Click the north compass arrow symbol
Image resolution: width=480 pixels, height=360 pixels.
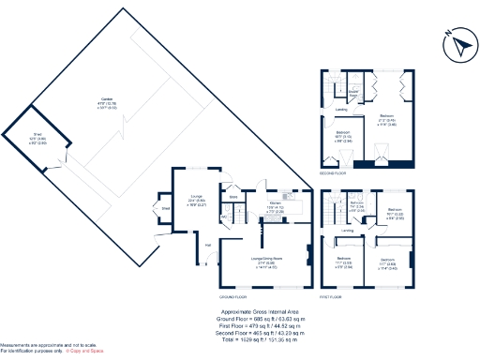(x=457, y=42)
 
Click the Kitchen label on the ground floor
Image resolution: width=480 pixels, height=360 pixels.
(x=275, y=205)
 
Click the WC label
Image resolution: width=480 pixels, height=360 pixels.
(x=224, y=217)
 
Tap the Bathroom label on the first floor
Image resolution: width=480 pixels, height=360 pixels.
(x=356, y=204)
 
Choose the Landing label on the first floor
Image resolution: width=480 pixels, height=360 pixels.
(x=347, y=230)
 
